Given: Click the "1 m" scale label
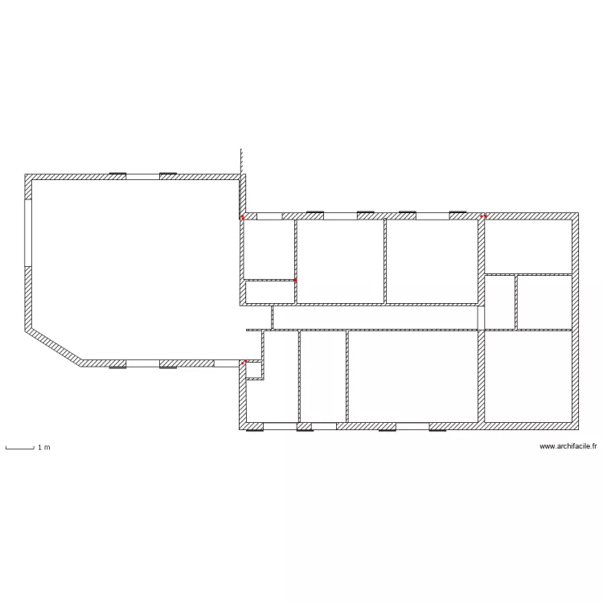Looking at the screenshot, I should pyautogui.click(x=43, y=447).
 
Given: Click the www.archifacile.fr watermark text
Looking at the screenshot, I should pyautogui.click(x=568, y=446).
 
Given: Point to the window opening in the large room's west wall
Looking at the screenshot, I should pyautogui.click(x=27, y=233).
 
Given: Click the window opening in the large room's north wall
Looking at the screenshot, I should pyautogui.click(x=142, y=176).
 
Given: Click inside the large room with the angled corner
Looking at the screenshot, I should pyautogui.click(x=133, y=265).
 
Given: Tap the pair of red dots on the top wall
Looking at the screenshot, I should pyautogui.click(x=483, y=216).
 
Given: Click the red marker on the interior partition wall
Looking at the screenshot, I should pyautogui.click(x=296, y=280).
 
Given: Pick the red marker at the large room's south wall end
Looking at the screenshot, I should pyautogui.click(x=243, y=363).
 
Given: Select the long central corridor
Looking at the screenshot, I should pyautogui.click(x=374, y=318).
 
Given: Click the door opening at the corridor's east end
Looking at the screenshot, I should pyautogui.click(x=481, y=318).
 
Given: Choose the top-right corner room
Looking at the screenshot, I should pyautogui.click(x=528, y=246).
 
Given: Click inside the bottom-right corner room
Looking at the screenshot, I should pyautogui.click(x=528, y=376).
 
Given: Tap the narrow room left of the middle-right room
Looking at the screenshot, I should pyautogui.click(x=499, y=302).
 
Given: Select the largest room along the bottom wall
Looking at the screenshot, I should pyautogui.click(x=413, y=376).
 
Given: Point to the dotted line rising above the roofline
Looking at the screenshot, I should pyautogui.click(x=240, y=160).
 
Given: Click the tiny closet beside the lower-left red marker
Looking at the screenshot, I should pyautogui.click(x=254, y=370).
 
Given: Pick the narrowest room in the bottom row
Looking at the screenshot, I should pyautogui.click(x=322, y=376).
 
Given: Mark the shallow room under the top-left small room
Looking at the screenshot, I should pyautogui.click(x=269, y=292).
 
